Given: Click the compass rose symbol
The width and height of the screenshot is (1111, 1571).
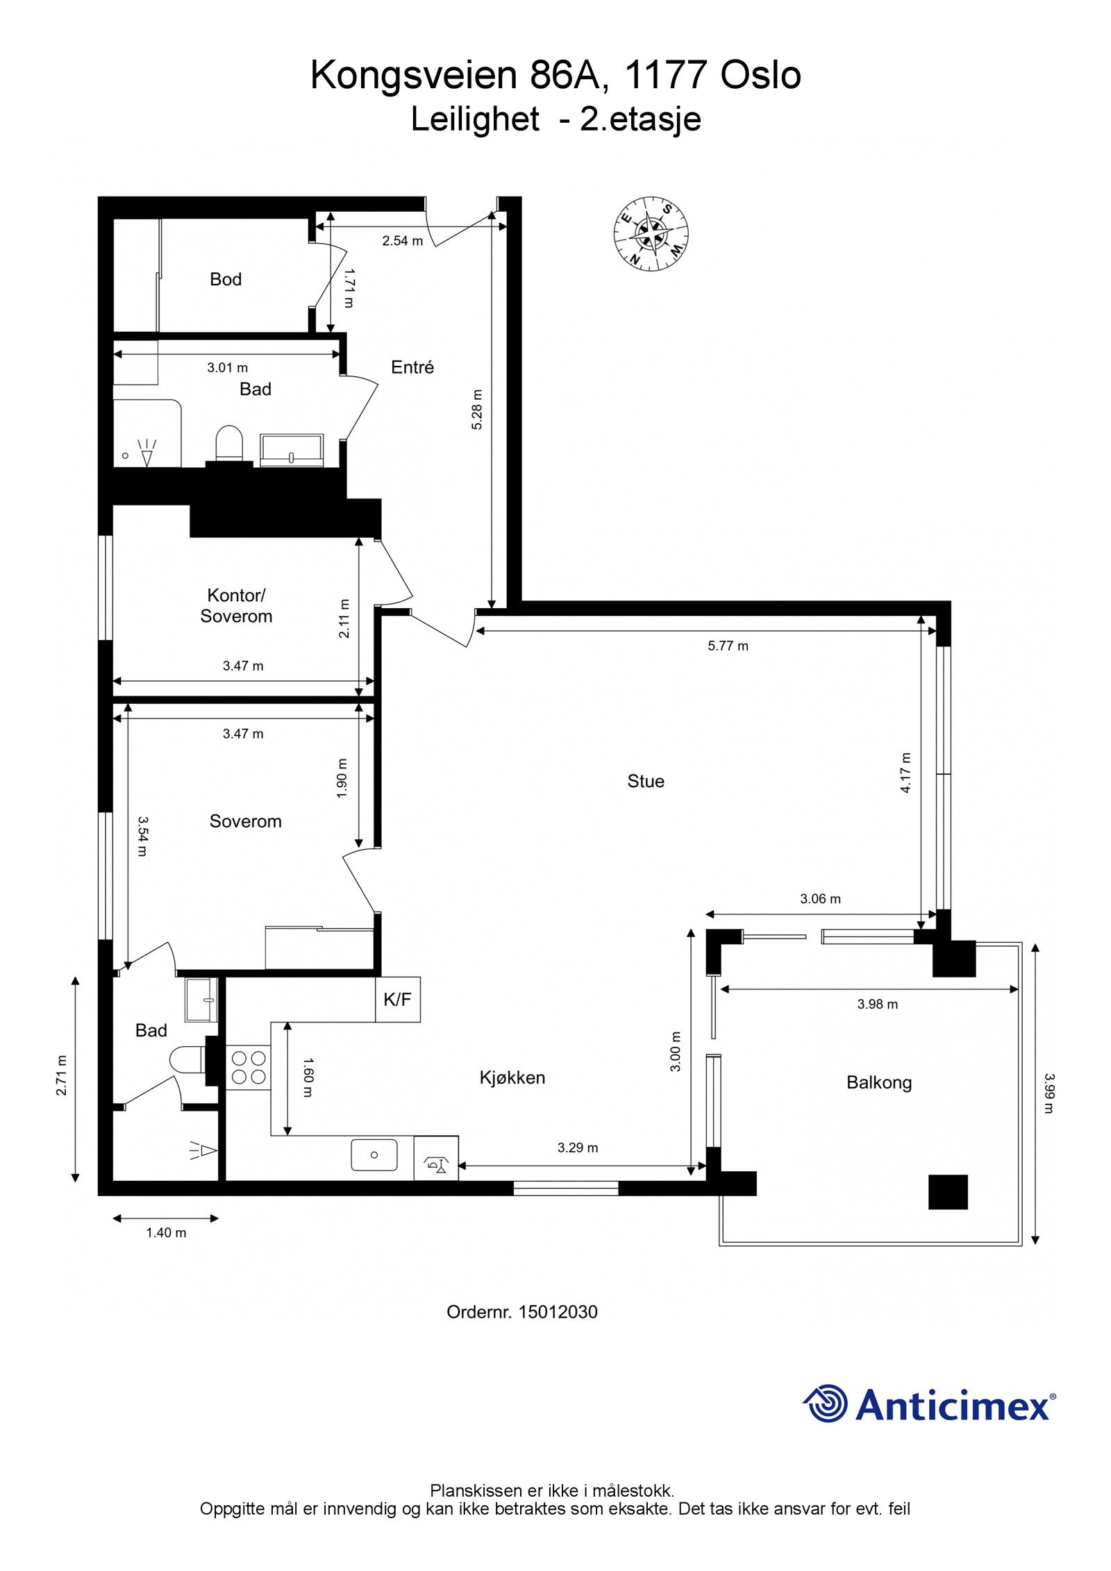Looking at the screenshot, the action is pyautogui.click(x=651, y=233).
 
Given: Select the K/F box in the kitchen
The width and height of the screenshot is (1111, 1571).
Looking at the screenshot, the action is pyautogui.click(x=398, y=1000).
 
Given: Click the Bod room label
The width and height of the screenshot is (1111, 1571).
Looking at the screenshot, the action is pyautogui.click(x=226, y=279).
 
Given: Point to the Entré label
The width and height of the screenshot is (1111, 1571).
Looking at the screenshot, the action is pyautogui.click(x=412, y=367).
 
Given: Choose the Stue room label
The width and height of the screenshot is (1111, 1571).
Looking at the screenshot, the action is pyautogui.click(x=646, y=781).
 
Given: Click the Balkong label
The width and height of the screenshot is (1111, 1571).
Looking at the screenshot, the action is pyautogui.click(x=879, y=1082).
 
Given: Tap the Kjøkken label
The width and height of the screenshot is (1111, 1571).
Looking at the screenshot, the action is pyautogui.click(x=512, y=1077).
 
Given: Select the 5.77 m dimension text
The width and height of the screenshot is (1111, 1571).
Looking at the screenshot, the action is pyautogui.click(x=728, y=646).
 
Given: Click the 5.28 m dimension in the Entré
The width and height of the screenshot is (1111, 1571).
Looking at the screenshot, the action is pyautogui.click(x=476, y=410).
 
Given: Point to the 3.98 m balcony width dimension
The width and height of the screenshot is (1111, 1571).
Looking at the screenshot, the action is pyautogui.click(x=878, y=1004).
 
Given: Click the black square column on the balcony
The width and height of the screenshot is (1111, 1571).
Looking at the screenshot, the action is pyautogui.click(x=948, y=1192).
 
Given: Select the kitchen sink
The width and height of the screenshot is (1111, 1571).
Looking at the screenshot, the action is pyautogui.click(x=374, y=1155).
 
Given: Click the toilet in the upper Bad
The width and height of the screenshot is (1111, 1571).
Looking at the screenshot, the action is pyautogui.click(x=229, y=443).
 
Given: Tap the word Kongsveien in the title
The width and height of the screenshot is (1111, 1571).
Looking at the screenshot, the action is pyautogui.click(x=415, y=75).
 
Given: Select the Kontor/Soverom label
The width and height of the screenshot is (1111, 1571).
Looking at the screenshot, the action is pyautogui.click(x=236, y=605).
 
